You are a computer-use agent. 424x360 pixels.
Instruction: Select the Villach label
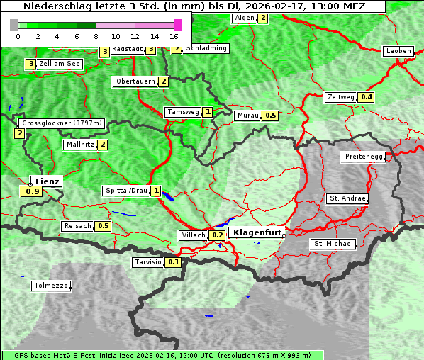[x=193, y=235]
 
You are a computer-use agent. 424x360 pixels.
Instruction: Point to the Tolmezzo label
[x=51, y=286]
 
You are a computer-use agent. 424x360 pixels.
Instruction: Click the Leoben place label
[x=398, y=51]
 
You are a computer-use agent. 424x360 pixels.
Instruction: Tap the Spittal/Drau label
[x=126, y=191]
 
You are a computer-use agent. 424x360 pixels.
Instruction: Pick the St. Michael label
[x=333, y=244]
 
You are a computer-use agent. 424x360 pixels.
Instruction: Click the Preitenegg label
[x=364, y=157]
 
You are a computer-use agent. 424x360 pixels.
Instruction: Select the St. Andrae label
[x=347, y=198]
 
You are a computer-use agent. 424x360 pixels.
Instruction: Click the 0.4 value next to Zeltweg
[x=367, y=97]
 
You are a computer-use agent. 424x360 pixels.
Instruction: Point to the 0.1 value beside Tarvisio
[x=174, y=262]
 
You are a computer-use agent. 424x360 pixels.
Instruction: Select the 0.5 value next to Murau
[x=270, y=115]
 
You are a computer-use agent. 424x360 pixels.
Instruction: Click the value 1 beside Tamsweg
[x=207, y=112]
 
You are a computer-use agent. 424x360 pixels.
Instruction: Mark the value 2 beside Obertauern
[x=164, y=81]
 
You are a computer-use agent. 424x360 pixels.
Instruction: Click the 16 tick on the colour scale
[x=174, y=35]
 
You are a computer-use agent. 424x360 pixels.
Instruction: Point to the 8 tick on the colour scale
[x=96, y=35]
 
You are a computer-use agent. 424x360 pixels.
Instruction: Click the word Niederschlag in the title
[x=53, y=6]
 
